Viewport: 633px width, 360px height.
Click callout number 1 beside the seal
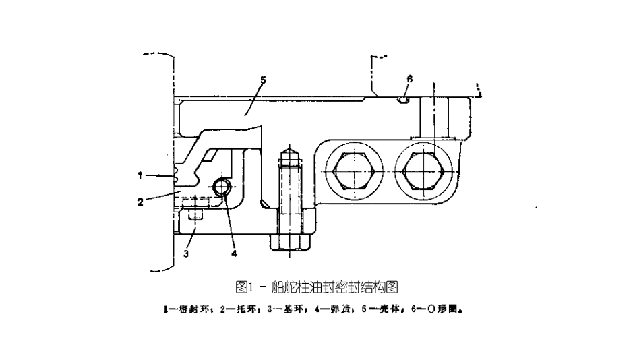(x=141, y=175)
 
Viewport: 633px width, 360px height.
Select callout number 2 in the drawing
(x=141, y=201)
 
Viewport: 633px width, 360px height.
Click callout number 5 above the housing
(x=263, y=80)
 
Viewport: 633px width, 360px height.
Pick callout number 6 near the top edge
(x=409, y=79)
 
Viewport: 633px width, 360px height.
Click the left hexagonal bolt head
(x=353, y=170)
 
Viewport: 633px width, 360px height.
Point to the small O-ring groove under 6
(x=403, y=100)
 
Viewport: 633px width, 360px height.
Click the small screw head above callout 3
(x=195, y=216)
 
